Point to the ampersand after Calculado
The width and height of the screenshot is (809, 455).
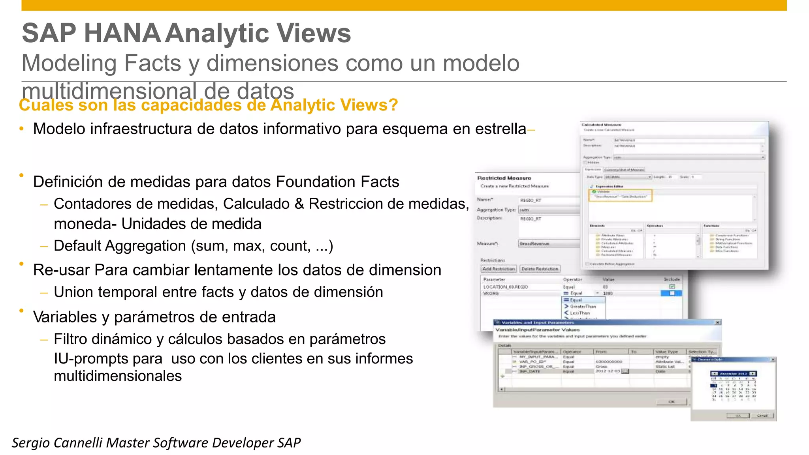(299, 204)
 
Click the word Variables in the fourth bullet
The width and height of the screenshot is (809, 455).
(65, 317)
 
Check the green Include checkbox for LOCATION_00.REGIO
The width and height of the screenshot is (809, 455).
(672, 286)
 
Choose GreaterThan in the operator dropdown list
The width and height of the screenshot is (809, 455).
(583, 307)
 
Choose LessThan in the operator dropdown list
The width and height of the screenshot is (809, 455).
(579, 313)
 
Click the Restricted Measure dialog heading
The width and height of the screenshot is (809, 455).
(504, 178)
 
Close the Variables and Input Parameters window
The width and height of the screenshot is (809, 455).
(717, 323)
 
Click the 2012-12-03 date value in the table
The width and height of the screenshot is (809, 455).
(608, 371)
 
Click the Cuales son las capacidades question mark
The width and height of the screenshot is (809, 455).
(393, 105)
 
